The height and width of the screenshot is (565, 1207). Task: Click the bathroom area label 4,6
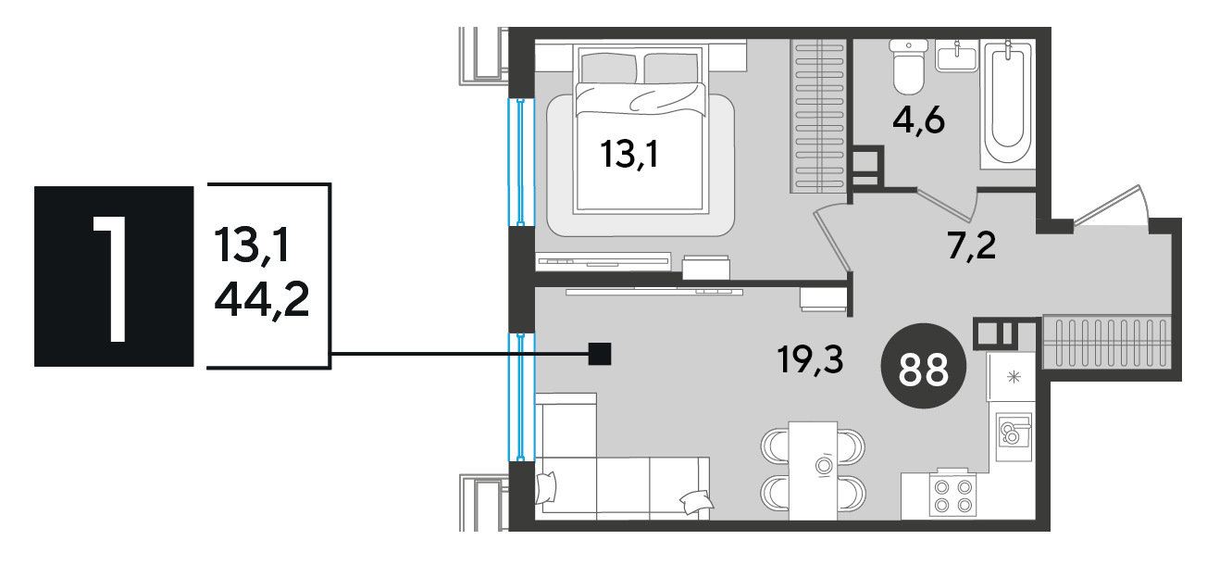(919, 121)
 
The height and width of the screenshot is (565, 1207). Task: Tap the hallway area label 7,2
(972, 245)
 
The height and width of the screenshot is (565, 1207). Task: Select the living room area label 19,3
(811, 359)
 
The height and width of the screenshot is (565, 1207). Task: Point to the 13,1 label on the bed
(628, 154)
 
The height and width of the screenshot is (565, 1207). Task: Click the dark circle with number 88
(924, 366)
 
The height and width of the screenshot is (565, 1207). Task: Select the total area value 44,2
(262, 300)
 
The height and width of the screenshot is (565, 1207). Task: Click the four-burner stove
(952, 496)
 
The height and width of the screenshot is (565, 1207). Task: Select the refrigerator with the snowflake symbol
(1011, 377)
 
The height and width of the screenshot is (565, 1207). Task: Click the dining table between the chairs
(813, 471)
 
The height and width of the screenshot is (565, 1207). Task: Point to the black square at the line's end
(599, 354)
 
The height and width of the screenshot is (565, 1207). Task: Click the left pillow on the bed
(609, 68)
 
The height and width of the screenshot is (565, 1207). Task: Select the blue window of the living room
(521, 397)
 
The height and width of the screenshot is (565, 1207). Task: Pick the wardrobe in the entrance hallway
(1107, 342)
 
